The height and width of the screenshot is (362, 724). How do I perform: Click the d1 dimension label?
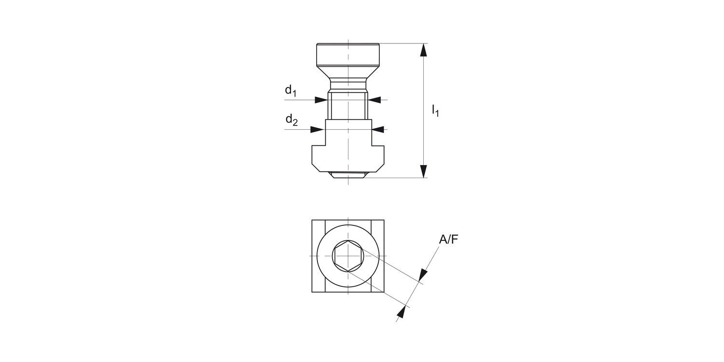coord(291,90)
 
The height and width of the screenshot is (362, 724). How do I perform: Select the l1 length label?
coord(435,111)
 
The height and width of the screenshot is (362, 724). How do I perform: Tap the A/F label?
coord(448,239)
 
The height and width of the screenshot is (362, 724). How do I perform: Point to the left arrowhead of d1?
coord(321,100)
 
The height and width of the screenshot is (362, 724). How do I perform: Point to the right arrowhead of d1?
coord(375,100)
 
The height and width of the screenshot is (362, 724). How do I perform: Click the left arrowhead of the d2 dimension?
coord(317,129)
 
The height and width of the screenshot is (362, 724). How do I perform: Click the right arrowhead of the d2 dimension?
coord(378,129)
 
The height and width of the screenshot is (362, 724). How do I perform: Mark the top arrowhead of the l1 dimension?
coord(423,50)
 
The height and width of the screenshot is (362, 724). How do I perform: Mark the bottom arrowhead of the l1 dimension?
coord(423,171)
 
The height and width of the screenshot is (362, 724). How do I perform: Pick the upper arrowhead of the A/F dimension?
coord(423,275)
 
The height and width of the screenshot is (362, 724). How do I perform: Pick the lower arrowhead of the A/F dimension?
coord(401,312)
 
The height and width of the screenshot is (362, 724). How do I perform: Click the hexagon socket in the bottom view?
coord(348,256)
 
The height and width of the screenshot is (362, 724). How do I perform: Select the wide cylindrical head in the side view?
coord(348,55)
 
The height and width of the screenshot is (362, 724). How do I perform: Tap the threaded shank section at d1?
coord(348,106)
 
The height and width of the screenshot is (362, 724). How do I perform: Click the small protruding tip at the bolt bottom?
coord(348,175)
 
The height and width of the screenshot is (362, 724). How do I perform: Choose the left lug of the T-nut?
coord(319,157)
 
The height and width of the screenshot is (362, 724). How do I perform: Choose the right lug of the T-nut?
coord(377,157)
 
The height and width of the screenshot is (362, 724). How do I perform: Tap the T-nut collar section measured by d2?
coord(348,133)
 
